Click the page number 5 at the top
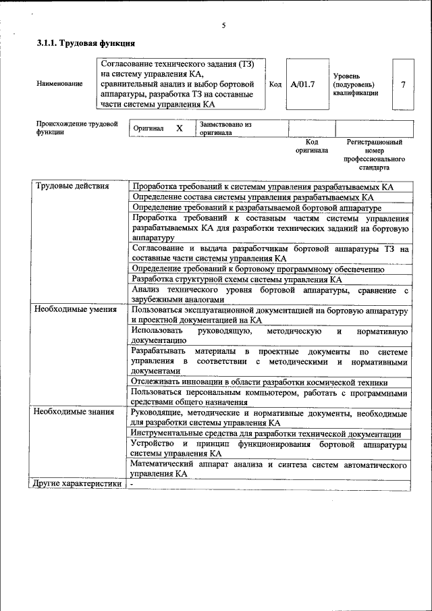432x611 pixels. click(x=223, y=26)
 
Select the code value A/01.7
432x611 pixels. click(x=302, y=84)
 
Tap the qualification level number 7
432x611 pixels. click(x=403, y=84)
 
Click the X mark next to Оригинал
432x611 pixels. click(x=179, y=128)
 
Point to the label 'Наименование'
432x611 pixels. click(x=60, y=84)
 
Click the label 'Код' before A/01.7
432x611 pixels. click(x=275, y=84)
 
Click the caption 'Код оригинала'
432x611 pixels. click(x=311, y=147)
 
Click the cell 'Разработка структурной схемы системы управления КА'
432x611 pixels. click(x=237, y=279)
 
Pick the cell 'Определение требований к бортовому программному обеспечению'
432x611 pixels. click(x=259, y=269)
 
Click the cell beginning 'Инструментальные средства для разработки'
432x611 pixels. click(x=266, y=434)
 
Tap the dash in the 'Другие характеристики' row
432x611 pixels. click(x=132, y=484)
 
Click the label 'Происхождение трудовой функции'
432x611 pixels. click(x=76, y=128)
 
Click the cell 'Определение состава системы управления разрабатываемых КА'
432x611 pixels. click(x=252, y=197)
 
